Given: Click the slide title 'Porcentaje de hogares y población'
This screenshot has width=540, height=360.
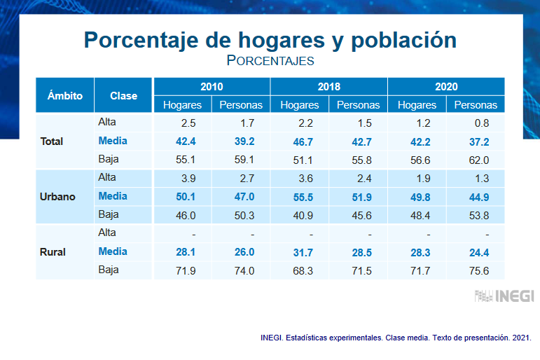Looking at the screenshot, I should pos(270,39).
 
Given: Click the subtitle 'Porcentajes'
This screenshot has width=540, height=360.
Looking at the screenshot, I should pos(270,61).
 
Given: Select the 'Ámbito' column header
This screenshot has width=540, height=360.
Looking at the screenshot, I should pos(65,95).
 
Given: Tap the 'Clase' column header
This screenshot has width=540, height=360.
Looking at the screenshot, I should pos(124,95).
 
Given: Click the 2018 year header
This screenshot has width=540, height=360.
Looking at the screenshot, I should pos(328,86).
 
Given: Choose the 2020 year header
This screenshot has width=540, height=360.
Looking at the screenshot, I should pos(446,86).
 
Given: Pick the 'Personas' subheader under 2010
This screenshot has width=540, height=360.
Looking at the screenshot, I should pos(241,105).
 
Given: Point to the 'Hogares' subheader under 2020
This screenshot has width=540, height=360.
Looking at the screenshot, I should pos(417,105).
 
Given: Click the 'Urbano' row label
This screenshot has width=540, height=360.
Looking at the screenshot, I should pos(57,196).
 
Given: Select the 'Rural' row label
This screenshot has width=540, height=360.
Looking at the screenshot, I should pos(53,251).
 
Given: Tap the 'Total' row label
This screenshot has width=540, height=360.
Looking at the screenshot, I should pos(52,141).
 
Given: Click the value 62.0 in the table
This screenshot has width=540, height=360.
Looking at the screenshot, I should pos(476,160).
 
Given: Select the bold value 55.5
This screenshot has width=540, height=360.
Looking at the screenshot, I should pos(300,196).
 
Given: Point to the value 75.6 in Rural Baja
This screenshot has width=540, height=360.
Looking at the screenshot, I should pos(476,270).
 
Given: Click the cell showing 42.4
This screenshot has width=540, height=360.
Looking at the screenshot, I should pos(182,141).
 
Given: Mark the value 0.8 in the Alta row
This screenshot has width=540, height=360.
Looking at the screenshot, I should pos(476,123).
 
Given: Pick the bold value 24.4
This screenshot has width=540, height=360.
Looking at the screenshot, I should pos(476,251).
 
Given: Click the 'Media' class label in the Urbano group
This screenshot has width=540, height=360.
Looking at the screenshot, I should pos(113,196).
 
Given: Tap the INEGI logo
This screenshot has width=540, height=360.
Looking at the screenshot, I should pos(504,296).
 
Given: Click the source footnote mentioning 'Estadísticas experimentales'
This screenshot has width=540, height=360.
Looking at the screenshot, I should pos(395,338).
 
